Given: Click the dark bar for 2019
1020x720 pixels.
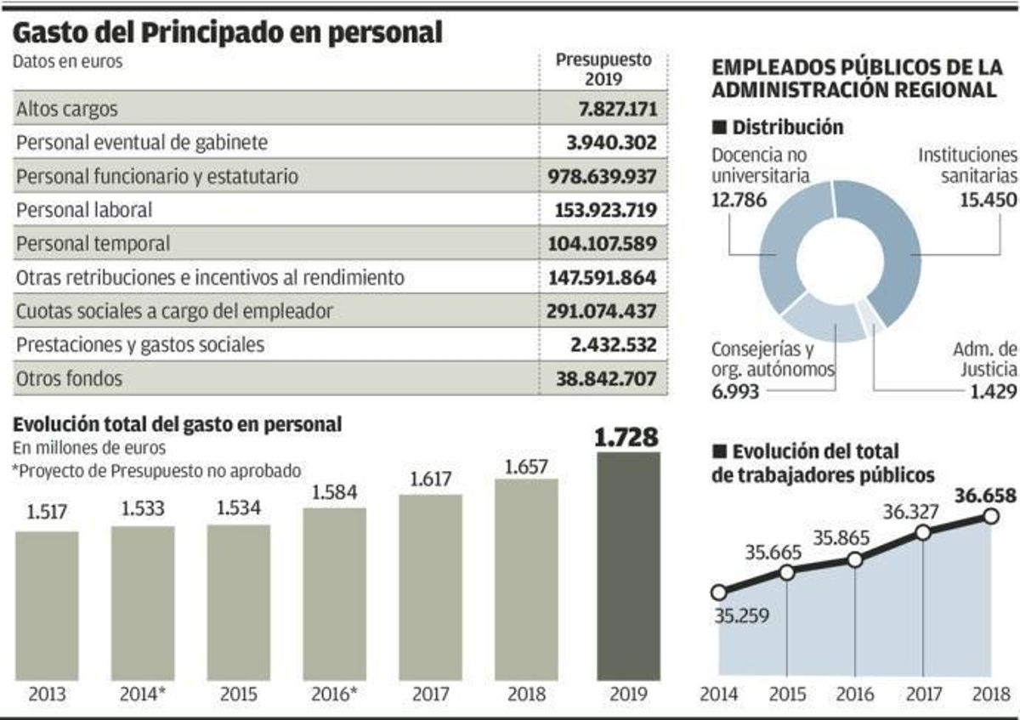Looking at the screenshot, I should point(627,564).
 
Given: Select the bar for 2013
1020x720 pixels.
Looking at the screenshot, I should point(47,605).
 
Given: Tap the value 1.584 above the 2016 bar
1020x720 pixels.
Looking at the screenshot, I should point(334,493).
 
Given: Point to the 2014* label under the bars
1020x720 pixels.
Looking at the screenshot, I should point(142,694).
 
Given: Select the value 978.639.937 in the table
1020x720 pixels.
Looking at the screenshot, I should point(603,176).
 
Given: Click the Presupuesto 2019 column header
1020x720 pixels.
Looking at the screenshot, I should point(603,69).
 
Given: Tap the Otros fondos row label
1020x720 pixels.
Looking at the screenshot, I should point(69,378).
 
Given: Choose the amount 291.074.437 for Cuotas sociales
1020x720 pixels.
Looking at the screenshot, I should point(603,311).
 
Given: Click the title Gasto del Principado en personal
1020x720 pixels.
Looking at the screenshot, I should point(228,32).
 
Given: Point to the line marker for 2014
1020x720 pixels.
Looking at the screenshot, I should point(719,592).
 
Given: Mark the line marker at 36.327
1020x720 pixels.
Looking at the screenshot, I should point(924,533).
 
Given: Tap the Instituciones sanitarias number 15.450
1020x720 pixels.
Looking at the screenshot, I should point(983,201).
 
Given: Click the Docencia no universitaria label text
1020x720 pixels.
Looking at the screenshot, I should point(758,166).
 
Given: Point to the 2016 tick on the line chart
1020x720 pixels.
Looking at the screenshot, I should point(854,694).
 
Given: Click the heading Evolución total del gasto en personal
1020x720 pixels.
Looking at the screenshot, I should point(178,424).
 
